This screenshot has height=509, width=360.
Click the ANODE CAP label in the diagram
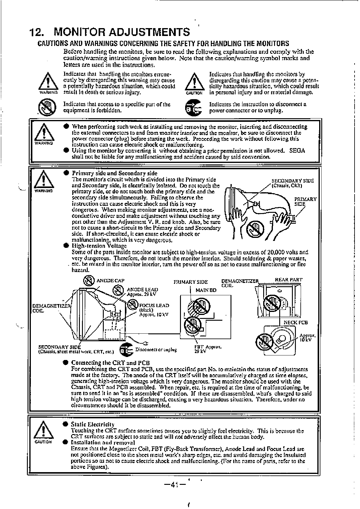110,280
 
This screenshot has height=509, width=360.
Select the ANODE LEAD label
142,290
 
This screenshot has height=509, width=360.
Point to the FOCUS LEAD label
154,305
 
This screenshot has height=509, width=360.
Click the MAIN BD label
206,290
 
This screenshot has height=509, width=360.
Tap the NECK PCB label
296,322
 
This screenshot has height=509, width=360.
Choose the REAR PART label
288,280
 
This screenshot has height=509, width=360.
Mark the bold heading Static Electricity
93,424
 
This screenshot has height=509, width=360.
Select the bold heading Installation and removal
103,443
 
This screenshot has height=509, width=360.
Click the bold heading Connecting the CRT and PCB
111,363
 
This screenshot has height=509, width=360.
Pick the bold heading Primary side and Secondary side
114,173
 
